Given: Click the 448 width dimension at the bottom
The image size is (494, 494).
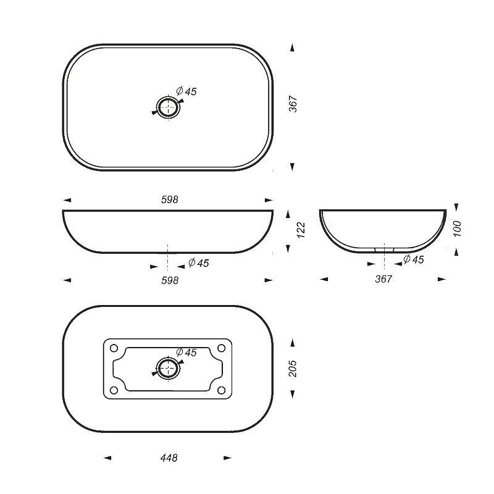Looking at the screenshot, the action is [x=169, y=458].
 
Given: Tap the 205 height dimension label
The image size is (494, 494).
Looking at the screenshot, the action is [x=293, y=369].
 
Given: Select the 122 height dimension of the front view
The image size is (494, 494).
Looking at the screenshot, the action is [x=301, y=230].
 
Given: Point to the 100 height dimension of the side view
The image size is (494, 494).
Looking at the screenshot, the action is [x=457, y=229].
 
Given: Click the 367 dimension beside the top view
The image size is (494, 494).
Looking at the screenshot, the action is [x=293, y=104].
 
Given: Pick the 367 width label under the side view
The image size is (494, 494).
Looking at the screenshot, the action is [x=383, y=279].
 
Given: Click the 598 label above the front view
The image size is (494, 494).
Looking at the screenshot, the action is [x=169, y=199].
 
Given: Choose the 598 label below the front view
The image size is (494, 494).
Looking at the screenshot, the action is [x=170, y=280].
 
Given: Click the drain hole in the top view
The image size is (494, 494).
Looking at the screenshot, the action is [x=168, y=107].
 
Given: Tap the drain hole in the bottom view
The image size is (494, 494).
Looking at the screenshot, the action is [x=169, y=369].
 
